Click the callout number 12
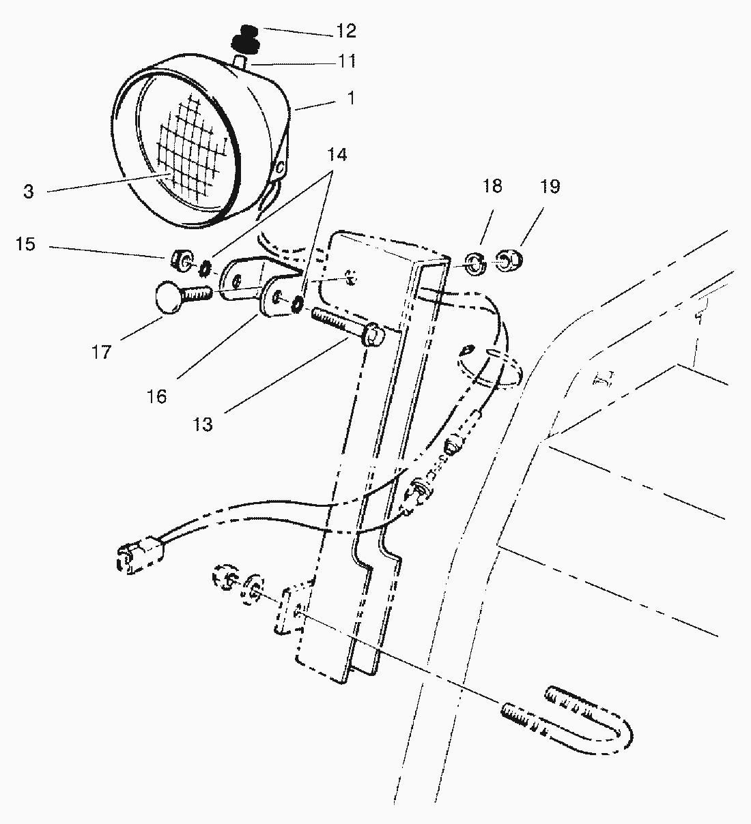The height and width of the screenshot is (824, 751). coord(346,31)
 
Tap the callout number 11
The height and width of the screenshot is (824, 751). coord(346,61)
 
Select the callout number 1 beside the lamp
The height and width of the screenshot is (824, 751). coord(350,98)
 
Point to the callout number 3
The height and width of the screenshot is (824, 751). coord(28,192)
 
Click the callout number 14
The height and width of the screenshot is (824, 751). coord(337,156)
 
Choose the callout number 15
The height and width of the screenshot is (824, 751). coord(26,244)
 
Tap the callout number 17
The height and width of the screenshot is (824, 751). coord(101,352)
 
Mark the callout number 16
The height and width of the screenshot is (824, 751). coord(157,396)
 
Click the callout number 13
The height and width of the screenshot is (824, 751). coord(203,424)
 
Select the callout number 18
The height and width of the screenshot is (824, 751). coord(492,186)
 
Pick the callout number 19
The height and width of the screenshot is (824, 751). coord(550,186)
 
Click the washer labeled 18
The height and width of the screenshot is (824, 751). coord(475,264)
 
